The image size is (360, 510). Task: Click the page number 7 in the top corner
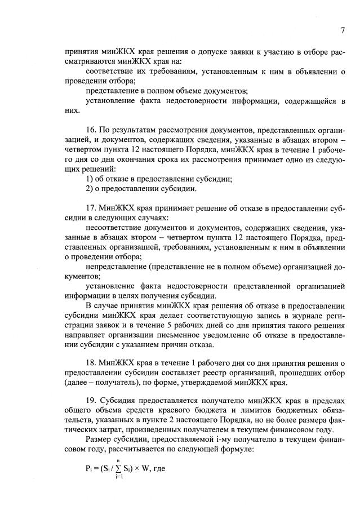[342, 30]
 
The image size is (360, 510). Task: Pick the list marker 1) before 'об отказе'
[90, 179]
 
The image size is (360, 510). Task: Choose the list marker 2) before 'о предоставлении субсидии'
[90, 189]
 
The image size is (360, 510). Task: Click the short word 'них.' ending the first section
[72, 111]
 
